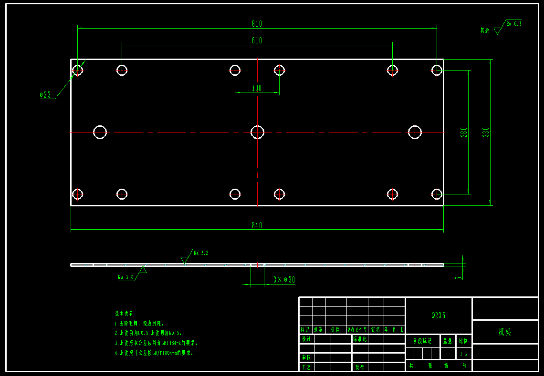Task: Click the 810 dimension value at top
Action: coord(257,24)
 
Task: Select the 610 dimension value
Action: coord(257,41)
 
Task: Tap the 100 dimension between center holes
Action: coord(257,88)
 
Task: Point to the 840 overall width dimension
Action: coord(257,225)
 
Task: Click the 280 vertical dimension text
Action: coord(464,132)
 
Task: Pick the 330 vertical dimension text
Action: coord(486,132)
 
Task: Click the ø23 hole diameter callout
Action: coord(45,95)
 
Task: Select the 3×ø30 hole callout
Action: coord(284,280)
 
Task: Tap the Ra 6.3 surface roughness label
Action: coord(513,23)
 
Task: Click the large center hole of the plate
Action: coord(258,132)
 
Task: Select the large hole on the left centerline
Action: coord(100,132)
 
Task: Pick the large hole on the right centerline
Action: coord(415,132)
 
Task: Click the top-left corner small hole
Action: coord(77,71)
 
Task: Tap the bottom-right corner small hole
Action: coord(437,194)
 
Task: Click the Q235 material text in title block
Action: coord(438,315)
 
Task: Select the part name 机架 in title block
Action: coord(504,332)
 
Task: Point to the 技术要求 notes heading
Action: coord(124,314)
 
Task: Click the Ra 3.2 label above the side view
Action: coord(200,253)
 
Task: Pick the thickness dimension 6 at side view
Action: coord(459,275)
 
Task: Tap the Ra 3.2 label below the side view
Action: coord(126,277)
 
